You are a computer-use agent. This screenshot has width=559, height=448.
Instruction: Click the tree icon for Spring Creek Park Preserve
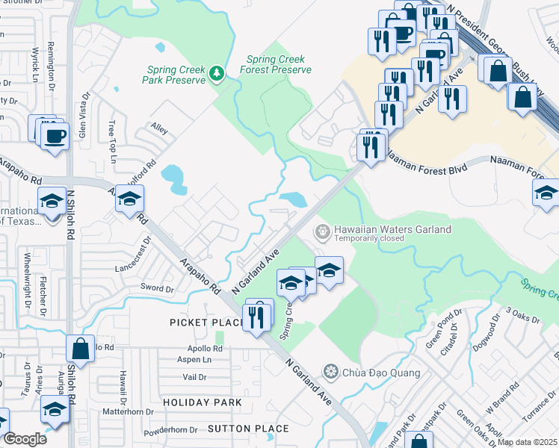217,72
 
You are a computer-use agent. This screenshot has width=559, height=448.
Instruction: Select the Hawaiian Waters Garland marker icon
323,230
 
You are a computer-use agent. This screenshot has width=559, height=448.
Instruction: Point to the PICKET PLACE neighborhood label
207,323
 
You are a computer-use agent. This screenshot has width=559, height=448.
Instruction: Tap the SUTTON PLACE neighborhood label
248,429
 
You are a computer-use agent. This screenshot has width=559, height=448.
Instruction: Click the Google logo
25,439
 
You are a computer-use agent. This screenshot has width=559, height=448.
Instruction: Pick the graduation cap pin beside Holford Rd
129,199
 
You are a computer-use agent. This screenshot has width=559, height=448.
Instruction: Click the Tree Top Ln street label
113,143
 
